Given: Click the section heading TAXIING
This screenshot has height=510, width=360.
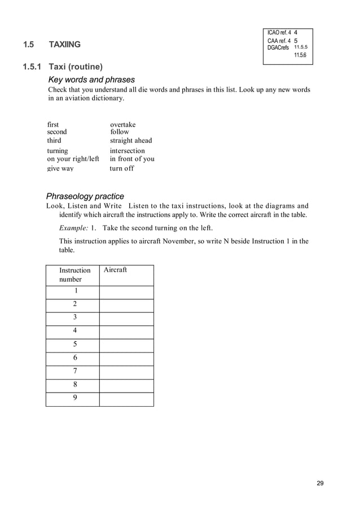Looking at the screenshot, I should point(64,45).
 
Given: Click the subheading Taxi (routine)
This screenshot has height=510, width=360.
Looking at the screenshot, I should point(75,67).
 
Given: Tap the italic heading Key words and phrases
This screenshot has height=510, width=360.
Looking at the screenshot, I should point(91,80).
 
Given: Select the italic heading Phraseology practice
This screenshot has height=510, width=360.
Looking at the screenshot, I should point(85,197).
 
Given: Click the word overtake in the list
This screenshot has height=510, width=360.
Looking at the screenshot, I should point(122,124).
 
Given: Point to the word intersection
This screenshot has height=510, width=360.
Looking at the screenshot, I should point(127,151).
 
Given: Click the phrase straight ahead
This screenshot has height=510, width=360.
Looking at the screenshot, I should point(131,140).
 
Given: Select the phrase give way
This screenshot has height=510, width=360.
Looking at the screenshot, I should point(60,168).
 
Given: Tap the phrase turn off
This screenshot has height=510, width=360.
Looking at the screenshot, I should point(121,168).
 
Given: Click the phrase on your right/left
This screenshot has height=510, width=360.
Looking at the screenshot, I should point(73,159).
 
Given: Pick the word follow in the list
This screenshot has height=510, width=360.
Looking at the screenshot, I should point(120,132).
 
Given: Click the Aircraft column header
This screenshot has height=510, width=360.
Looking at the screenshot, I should point(115,270).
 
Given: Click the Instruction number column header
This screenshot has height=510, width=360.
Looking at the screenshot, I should point(74,274).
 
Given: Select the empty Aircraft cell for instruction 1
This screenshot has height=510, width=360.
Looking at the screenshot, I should point(126,292).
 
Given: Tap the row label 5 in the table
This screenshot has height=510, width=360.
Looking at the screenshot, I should point(74,344).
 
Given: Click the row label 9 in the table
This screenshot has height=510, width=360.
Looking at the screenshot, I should point(74,398).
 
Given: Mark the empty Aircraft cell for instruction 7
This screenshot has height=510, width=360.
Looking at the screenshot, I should point(126,372).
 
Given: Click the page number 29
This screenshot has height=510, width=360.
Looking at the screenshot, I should point(320,483).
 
